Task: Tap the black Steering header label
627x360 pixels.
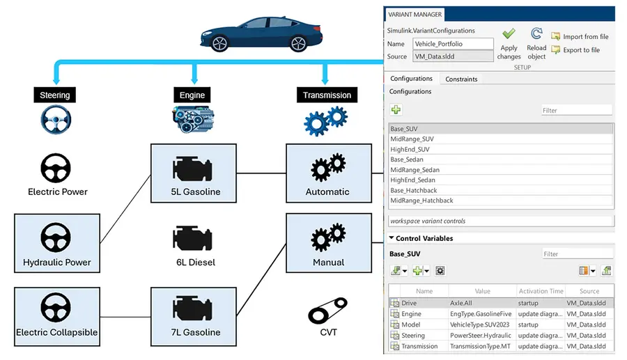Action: point(55,95)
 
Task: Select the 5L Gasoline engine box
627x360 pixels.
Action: point(194,173)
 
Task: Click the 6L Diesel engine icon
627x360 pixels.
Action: point(192,238)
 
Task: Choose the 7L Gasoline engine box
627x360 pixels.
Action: point(194,316)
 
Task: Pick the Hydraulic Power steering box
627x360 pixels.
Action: point(57,243)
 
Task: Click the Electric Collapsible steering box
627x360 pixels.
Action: point(57,316)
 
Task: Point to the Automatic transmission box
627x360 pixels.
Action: point(329,173)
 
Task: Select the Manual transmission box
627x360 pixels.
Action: point(329,243)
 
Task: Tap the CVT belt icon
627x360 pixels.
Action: point(327,311)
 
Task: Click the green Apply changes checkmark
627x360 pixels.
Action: point(509,33)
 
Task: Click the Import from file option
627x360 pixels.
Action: point(580,36)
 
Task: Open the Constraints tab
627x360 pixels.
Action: point(461,79)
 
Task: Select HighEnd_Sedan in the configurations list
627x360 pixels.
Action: point(412,180)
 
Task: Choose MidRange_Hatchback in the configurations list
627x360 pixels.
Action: point(421,201)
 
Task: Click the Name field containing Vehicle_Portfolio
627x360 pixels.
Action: point(453,44)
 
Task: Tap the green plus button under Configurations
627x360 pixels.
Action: point(396,109)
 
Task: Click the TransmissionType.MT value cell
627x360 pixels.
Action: point(480,346)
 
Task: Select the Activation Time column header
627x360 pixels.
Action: point(541,291)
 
